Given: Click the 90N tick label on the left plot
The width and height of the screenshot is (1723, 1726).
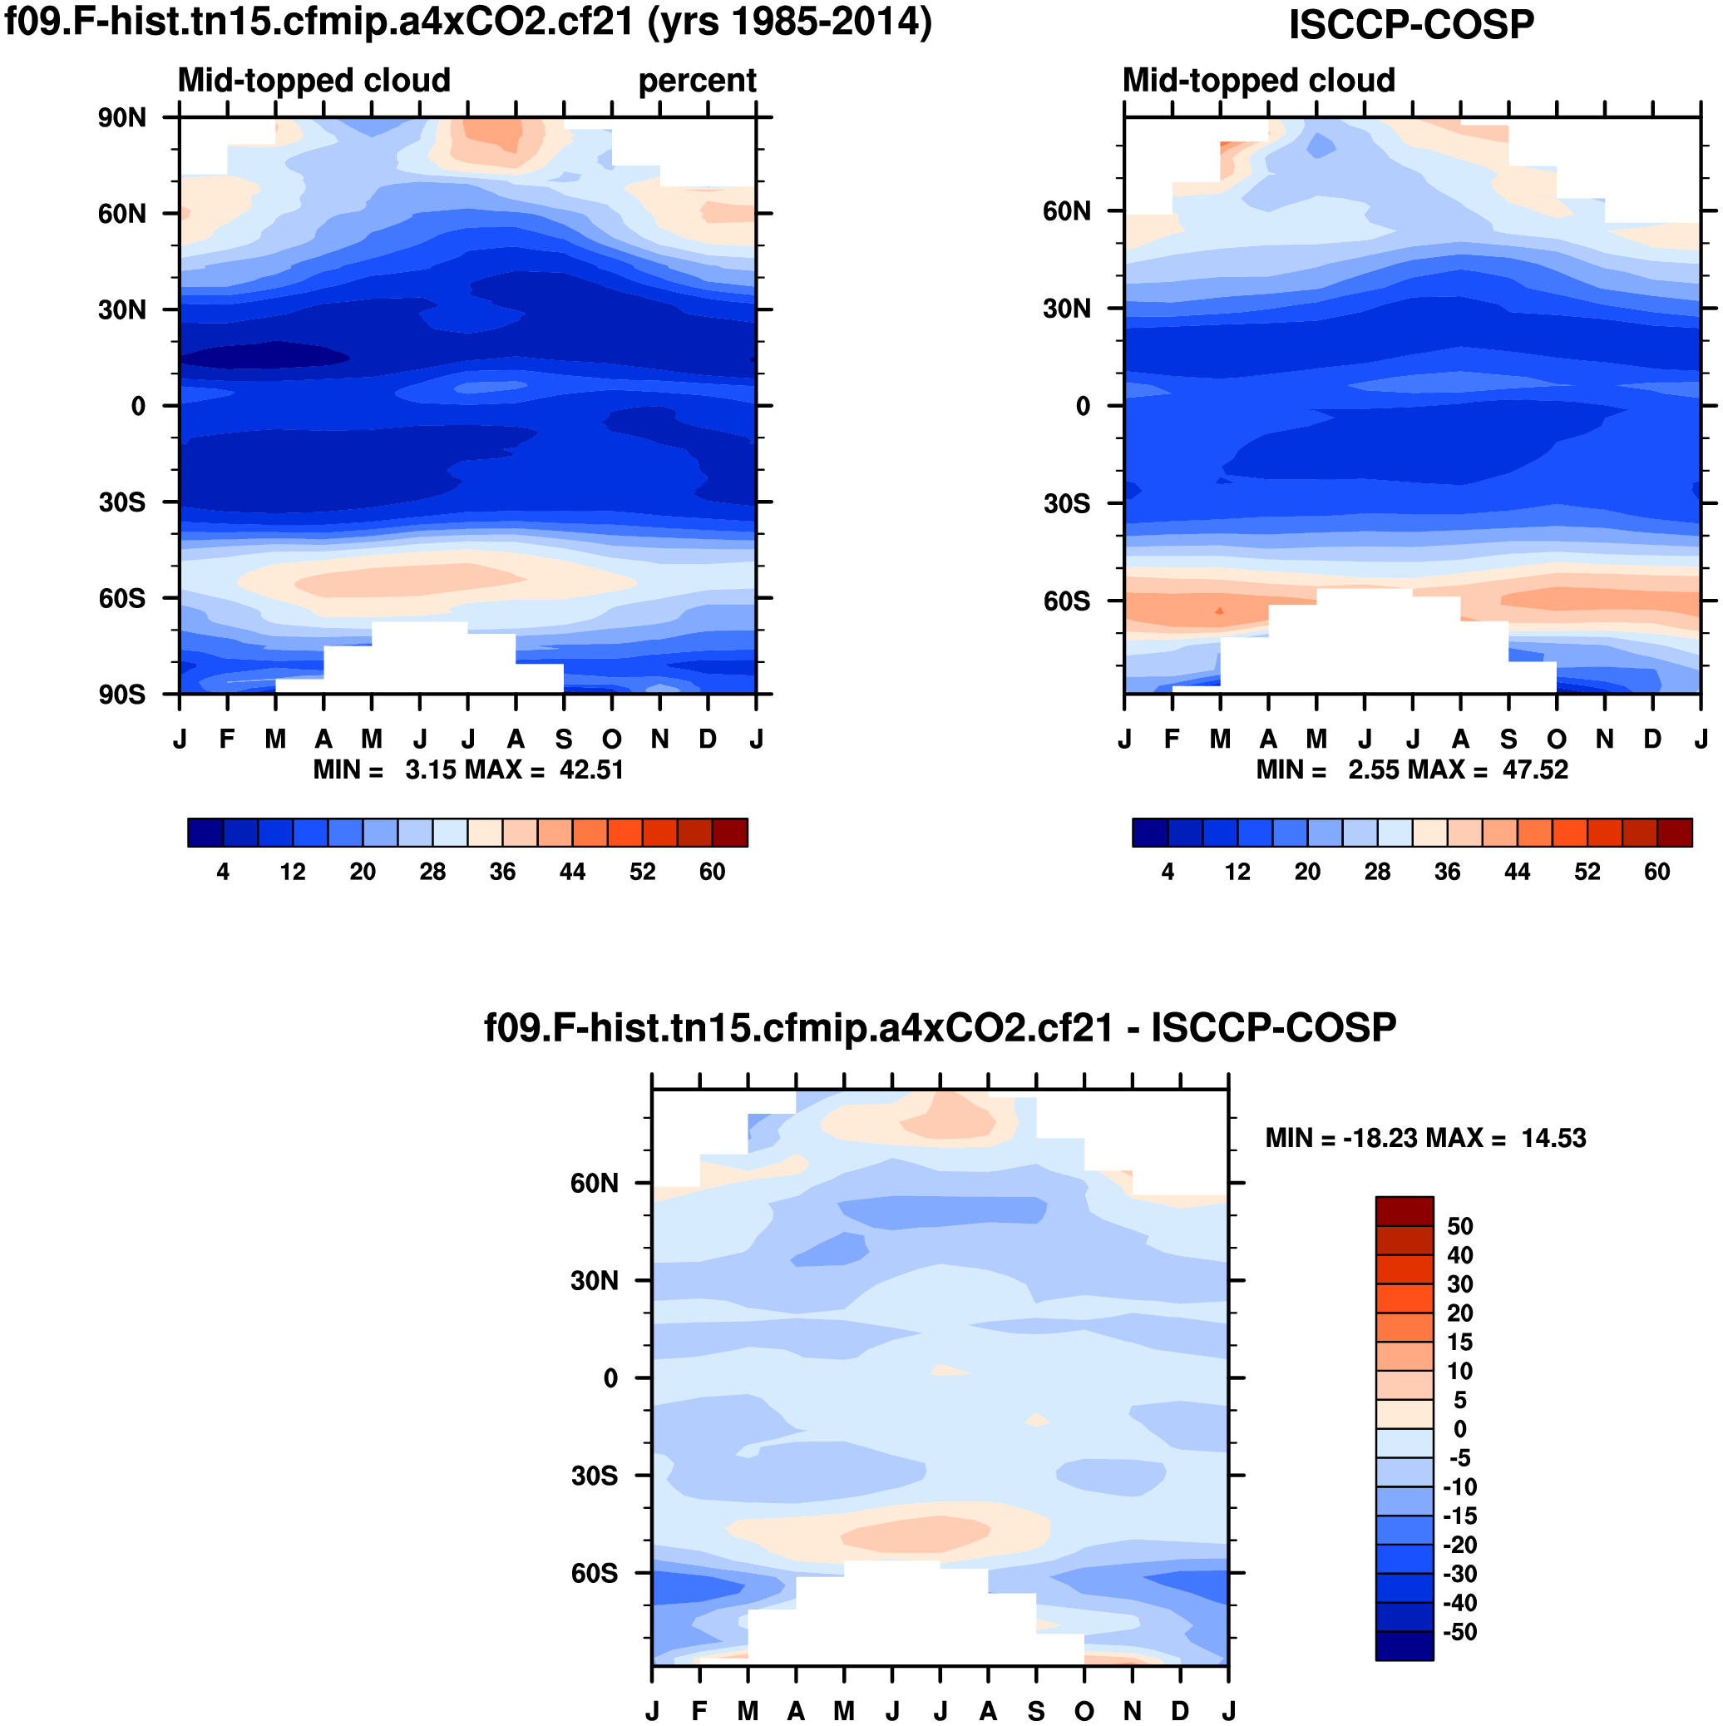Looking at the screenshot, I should tap(122, 118).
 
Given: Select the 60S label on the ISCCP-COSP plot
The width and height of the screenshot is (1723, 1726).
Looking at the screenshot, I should tap(1067, 601).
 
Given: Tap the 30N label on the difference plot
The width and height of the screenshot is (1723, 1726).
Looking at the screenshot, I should tap(595, 1281).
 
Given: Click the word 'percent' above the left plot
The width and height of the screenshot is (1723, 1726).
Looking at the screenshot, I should tap(697, 82).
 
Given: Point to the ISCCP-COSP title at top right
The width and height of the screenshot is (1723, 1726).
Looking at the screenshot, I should tap(1410, 24).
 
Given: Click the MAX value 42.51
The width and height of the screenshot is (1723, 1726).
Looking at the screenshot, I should tap(591, 769).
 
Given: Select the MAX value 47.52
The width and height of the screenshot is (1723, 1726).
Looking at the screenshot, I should tap(1534, 769).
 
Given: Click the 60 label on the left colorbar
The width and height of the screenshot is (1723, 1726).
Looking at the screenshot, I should tap(712, 872).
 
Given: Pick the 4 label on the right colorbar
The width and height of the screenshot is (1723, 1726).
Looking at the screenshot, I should tap(1168, 872).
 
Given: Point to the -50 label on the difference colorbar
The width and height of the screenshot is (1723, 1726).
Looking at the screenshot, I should tap(1460, 1632).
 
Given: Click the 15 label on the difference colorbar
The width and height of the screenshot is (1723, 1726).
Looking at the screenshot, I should tap(1460, 1342).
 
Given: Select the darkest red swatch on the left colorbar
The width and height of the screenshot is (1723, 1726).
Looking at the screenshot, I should tap(730, 833).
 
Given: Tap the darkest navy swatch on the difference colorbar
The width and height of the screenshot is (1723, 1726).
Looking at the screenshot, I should tap(1405, 1646).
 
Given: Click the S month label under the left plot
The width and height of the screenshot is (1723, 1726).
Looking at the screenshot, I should tap(564, 739).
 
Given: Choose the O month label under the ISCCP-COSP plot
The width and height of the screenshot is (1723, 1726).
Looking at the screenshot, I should tap(1557, 739).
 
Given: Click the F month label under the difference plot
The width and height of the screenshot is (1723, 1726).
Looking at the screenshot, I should tap(700, 1711).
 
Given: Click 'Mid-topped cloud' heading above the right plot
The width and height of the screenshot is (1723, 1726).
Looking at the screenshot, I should tap(1258, 82).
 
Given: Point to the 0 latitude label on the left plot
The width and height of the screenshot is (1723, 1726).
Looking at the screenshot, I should tap(137, 407).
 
